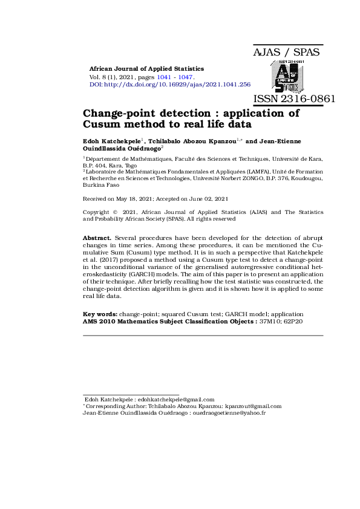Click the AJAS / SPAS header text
(286, 53)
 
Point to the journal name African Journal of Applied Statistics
(146, 69)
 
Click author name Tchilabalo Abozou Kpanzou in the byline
(192, 141)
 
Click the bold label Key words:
(100, 314)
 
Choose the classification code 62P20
(293, 321)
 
